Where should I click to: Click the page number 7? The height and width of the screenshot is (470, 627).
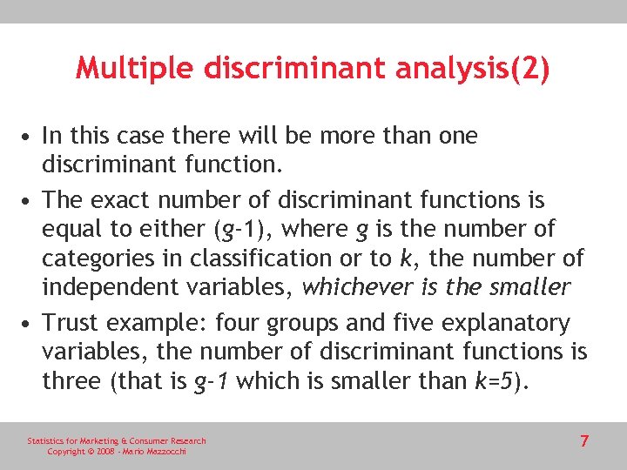(x=584, y=441)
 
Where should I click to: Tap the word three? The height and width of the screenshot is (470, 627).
(x=71, y=380)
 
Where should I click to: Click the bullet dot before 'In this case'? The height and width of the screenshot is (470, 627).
(x=30, y=137)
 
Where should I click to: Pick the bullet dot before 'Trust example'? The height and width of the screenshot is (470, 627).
(x=30, y=324)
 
